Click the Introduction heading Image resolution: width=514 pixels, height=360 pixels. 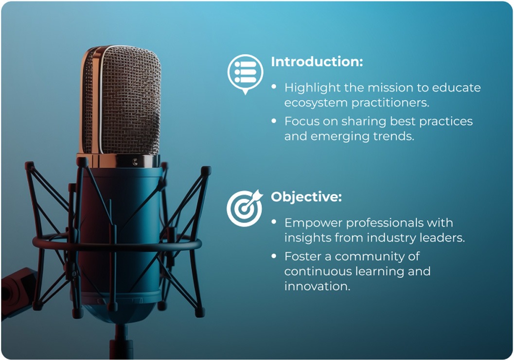point(317,62)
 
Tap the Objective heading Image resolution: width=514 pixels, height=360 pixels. point(306,197)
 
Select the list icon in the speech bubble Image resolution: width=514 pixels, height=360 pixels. point(245,72)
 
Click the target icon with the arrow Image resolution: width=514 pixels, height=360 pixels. point(244,207)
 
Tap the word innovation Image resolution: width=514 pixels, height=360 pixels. point(317,286)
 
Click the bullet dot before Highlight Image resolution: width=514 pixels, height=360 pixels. point(274,87)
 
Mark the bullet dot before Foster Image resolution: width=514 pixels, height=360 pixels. point(274,255)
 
